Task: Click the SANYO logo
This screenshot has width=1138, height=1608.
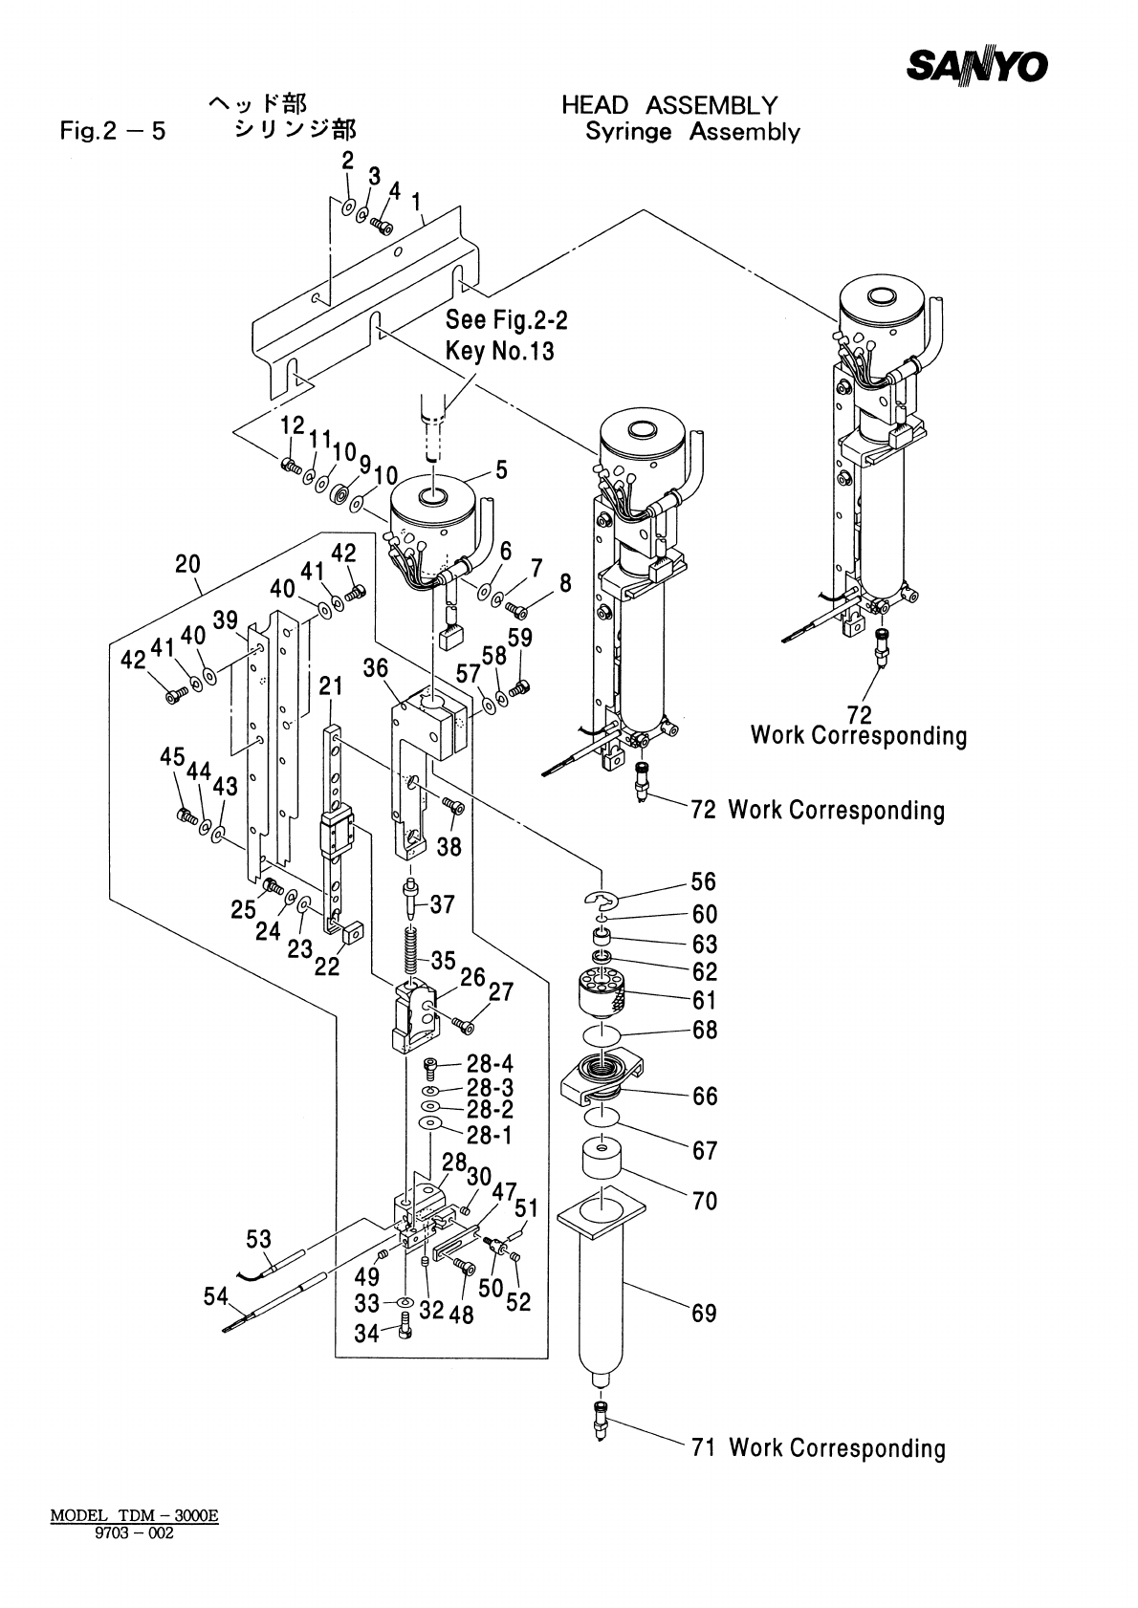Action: tap(976, 66)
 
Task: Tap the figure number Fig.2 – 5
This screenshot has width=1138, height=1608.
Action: tap(112, 132)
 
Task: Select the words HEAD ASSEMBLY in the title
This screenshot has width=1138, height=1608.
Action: tap(669, 105)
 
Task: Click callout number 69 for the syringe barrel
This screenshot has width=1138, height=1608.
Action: tap(704, 1314)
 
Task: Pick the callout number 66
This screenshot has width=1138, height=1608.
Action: tap(705, 1096)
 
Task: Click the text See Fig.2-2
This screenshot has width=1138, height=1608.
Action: tap(506, 320)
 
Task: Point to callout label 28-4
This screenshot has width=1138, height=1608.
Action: tap(490, 1064)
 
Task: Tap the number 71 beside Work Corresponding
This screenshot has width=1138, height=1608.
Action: tap(704, 1447)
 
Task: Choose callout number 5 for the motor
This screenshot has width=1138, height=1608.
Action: tap(501, 470)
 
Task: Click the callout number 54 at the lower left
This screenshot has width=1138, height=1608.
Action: tap(216, 1297)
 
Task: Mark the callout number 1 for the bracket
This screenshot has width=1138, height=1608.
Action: tap(417, 202)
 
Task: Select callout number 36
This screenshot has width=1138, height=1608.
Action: tap(375, 668)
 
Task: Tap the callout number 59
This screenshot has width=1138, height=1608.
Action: tap(520, 637)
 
